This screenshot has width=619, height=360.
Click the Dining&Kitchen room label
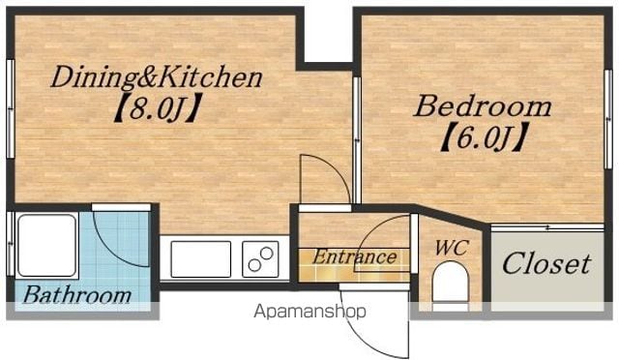pos(157,77)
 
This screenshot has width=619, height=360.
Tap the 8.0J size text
pos(158,107)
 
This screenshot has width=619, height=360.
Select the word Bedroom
pos(482,106)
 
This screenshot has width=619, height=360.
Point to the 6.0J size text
pos(485,136)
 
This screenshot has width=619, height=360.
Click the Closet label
pos(547,263)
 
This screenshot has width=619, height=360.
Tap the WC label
pos(451,248)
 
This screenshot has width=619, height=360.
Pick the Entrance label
pos(355,256)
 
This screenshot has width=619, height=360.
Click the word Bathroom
pos(77,295)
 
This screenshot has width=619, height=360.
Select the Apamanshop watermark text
pos(309,312)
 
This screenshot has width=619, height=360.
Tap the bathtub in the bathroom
pos(47,246)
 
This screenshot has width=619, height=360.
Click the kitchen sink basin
pos(201,258)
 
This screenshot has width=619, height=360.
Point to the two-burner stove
pos(260,258)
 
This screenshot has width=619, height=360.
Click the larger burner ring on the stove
pos(267,254)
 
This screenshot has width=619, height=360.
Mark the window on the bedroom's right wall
pos(608,119)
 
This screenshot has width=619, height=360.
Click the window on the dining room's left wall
pos(11,108)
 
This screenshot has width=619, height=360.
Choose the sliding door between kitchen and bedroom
pos(357,140)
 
